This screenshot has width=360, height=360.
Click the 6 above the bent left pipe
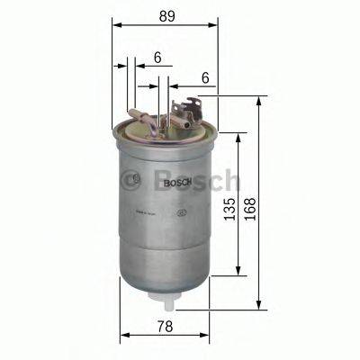(x=157, y=57)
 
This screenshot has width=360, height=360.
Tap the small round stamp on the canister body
(x=183, y=214)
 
